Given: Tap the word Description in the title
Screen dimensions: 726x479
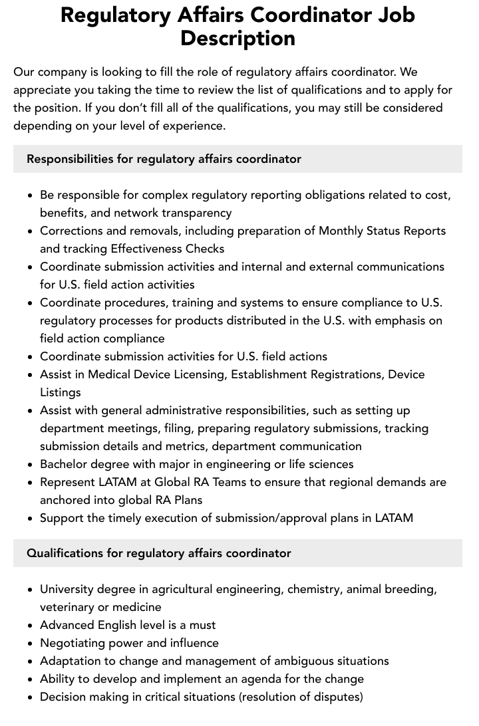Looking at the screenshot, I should click(238, 38).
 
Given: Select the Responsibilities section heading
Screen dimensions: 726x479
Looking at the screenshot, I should click(164, 159).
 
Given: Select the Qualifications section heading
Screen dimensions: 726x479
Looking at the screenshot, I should click(158, 553).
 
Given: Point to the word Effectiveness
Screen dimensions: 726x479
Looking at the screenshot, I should click(150, 249).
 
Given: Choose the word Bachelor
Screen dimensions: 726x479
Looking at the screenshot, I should click(64, 464).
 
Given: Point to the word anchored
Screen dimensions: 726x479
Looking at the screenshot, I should click(65, 500).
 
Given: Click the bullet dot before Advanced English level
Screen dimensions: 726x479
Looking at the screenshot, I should click(31, 626).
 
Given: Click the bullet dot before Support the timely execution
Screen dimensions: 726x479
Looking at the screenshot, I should click(31, 519).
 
